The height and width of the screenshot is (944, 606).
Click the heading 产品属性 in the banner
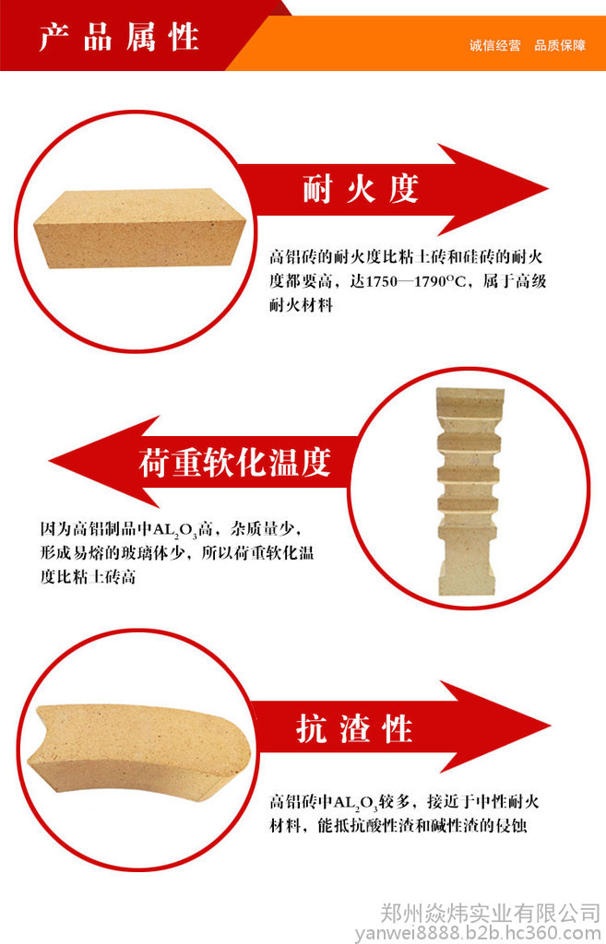pyautogui.click(x=119, y=38)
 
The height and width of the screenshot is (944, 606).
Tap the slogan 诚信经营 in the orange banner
pyautogui.click(x=494, y=46)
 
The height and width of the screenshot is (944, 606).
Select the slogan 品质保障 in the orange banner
pyautogui.click(x=560, y=46)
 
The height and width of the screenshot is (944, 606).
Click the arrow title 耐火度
pyautogui.click(x=361, y=188)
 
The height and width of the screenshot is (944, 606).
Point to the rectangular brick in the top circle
pyautogui.click(x=140, y=229)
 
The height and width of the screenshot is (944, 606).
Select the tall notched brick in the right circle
pyautogui.click(x=469, y=491)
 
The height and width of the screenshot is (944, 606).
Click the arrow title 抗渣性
pyautogui.click(x=354, y=728)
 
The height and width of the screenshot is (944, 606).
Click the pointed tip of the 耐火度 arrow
pyautogui.click(x=548, y=188)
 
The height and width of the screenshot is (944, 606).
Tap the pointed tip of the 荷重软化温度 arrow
pyautogui.click(x=50, y=462)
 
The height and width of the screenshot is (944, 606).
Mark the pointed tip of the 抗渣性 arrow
pyautogui.click(x=551, y=726)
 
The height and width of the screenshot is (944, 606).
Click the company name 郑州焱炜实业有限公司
pyautogui.click(x=490, y=914)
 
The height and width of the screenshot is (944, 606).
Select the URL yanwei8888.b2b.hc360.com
pyautogui.click(x=479, y=934)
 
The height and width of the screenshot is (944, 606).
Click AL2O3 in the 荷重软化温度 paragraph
pyautogui.click(x=175, y=531)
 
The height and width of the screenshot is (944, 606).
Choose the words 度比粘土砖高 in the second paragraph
pyautogui.click(x=88, y=577)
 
